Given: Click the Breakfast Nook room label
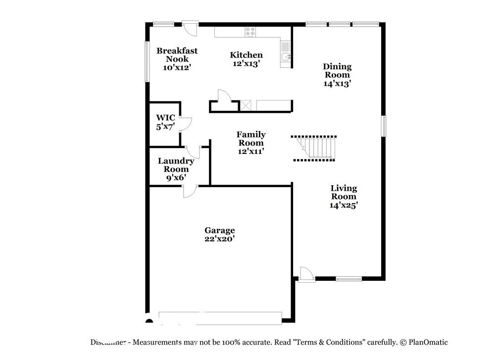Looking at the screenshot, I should (177, 54).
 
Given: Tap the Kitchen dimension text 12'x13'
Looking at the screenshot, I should (246, 63).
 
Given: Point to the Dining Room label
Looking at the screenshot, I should (337, 70).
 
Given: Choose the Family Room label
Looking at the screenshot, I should (250, 139).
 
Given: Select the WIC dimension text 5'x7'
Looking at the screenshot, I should (165, 127).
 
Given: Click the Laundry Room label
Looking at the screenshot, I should (176, 165).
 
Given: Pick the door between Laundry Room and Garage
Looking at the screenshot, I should (190, 191).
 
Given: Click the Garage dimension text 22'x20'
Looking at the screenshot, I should (220, 239).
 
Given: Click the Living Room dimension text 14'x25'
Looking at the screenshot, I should (344, 205).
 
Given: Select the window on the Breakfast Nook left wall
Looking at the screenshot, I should (147, 61).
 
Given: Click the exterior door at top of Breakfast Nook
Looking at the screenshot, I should (190, 27).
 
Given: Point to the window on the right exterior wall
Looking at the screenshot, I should (384, 126).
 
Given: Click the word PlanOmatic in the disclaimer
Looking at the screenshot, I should (428, 342).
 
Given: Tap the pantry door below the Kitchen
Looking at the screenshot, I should (224, 96).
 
